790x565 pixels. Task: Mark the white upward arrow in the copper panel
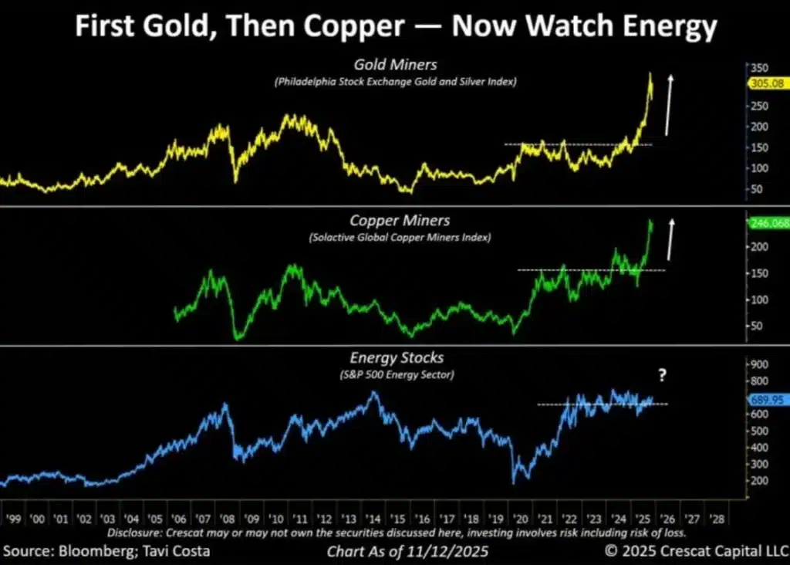pos(670,239)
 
